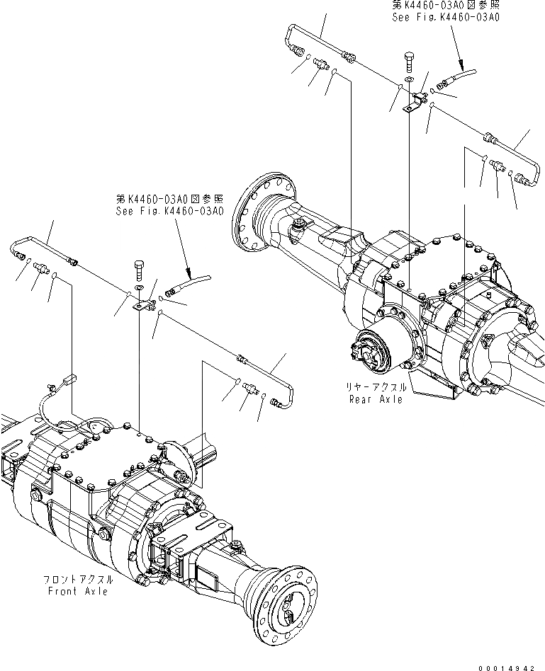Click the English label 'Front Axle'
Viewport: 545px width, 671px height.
[x=78, y=591]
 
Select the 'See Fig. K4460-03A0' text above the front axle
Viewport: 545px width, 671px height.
[x=171, y=211]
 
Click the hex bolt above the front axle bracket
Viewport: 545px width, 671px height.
[x=139, y=270]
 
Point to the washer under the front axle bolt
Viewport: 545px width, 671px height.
[x=139, y=288]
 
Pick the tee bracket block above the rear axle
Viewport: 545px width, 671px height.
[x=415, y=103]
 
